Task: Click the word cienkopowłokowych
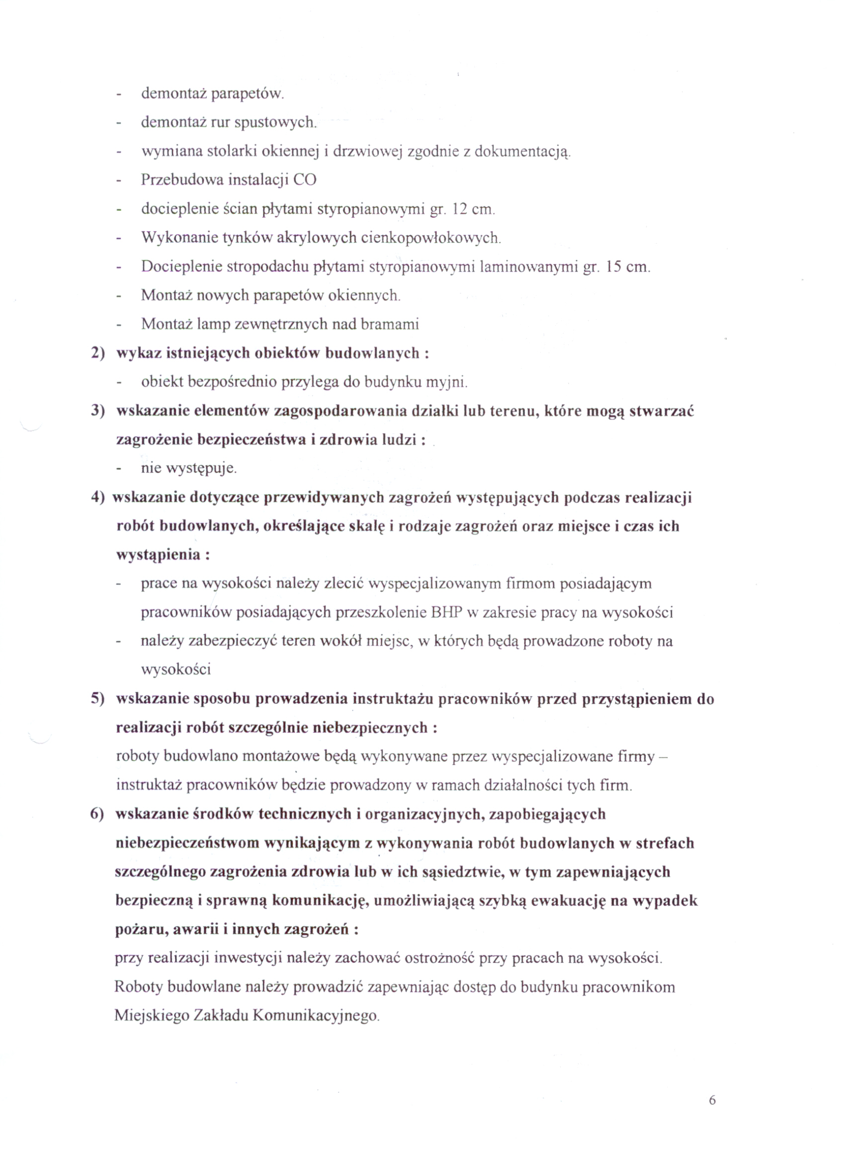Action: [430, 238]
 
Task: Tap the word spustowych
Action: [276, 123]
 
